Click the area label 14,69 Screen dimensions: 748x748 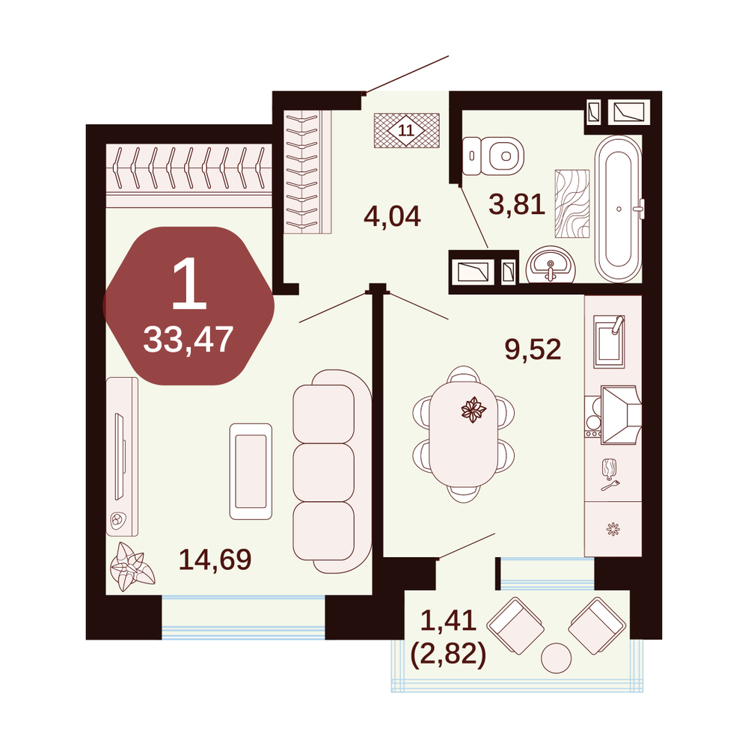215,559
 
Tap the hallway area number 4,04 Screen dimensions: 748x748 392,216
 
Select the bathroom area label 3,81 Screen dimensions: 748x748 517,204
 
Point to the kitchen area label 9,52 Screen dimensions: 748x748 533,349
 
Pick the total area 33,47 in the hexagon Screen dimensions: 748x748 188,339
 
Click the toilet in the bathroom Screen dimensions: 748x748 493,156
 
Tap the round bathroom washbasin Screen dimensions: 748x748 551,265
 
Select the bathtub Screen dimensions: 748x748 619,209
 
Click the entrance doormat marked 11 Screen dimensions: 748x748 406,130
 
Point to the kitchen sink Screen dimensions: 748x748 609,342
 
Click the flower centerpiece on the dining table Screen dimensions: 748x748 473,409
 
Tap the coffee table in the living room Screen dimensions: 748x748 251,471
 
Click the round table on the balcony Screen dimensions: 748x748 557,657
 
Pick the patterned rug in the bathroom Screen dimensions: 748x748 572,203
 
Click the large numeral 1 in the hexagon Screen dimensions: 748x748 189,283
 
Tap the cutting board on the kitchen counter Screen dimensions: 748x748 609,468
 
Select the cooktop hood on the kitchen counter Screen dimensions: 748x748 620,415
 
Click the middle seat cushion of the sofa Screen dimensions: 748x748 323,472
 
